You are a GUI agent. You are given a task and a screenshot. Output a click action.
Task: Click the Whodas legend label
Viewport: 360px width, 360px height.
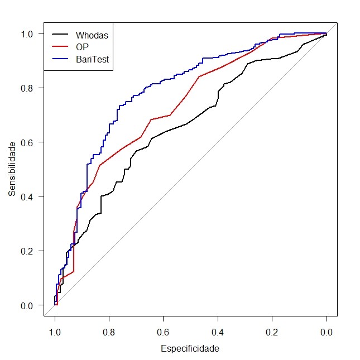92,35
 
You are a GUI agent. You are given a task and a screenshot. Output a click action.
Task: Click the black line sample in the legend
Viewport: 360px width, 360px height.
60,35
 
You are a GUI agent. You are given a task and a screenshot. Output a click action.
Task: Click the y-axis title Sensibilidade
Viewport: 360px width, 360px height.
12,169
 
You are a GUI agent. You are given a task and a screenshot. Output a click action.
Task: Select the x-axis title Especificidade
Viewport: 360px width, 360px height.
190,349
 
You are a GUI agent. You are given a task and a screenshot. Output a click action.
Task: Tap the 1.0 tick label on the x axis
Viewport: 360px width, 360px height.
55,333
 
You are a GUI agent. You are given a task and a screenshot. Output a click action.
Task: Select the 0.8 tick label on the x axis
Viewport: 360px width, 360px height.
109,333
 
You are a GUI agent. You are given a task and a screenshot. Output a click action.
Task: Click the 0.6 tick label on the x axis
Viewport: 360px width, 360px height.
164,333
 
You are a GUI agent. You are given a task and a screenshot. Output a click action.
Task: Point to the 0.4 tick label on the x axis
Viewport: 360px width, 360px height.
218,333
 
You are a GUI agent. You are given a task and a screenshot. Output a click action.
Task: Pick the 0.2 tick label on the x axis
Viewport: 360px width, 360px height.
272,333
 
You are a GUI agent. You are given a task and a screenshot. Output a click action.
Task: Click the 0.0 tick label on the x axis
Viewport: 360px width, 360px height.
327,333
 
